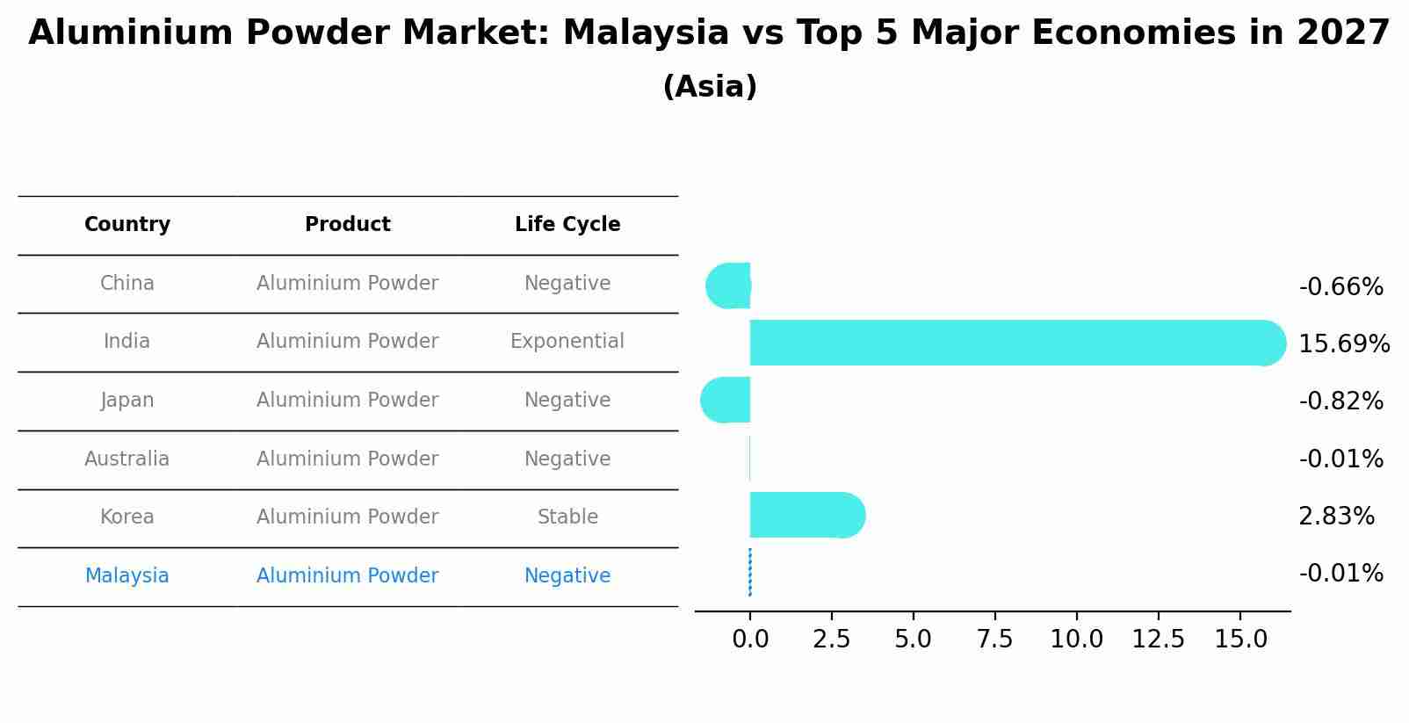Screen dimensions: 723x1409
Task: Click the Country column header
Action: coord(127,225)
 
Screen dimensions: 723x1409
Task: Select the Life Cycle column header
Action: coord(567,225)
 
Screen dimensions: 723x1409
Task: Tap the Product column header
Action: coord(348,225)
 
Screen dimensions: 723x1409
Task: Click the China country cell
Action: coord(127,284)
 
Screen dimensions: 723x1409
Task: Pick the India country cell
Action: coord(127,342)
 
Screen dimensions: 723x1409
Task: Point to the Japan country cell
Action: coord(127,401)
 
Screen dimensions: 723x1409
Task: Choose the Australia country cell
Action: coord(127,459)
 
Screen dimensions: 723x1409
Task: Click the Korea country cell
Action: coord(127,517)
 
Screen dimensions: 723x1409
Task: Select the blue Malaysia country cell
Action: coord(127,576)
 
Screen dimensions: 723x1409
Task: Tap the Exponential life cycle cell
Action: coord(567,342)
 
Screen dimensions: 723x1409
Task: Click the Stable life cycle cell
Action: coord(567,517)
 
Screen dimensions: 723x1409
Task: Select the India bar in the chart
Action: coord(1010,343)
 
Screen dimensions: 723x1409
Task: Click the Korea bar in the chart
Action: coord(804,515)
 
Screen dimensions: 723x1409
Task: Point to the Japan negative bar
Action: coord(727,400)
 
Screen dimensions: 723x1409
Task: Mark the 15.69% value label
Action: coord(1344,344)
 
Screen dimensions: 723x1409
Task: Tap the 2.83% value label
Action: coord(1336,517)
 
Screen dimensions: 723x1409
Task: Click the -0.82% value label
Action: coord(1340,401)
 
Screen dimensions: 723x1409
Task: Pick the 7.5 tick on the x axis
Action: coord(995,640)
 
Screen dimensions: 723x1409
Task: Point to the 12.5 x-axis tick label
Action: coord(1158,640)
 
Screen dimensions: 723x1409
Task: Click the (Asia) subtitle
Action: coord(710,87)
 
